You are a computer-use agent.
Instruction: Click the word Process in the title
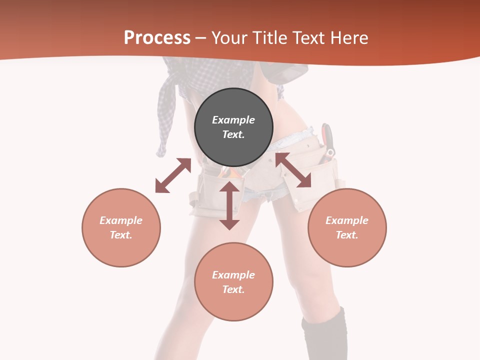[157, 38]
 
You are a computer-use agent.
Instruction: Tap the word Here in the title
[348, 38]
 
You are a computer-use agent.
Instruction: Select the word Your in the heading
[228, 38]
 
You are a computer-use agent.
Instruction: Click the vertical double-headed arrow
[229, 205]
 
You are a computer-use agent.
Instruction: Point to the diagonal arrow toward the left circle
[173, 175]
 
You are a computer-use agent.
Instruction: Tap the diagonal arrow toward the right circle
[293, 170]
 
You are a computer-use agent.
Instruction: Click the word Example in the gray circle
[233, 120]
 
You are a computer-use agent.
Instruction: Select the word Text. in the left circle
[121, 235]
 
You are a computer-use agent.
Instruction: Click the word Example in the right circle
[347, 220]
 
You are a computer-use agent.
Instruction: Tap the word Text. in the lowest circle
[233, 289]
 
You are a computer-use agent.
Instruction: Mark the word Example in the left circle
[121, 220]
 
